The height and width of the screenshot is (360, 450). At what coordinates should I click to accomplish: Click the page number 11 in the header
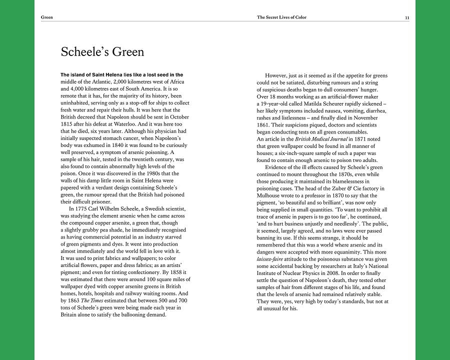[407, 17]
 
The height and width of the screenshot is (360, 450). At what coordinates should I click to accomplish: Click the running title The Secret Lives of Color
[281, 17]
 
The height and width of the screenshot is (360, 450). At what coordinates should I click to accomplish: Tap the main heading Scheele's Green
[102, 51]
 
